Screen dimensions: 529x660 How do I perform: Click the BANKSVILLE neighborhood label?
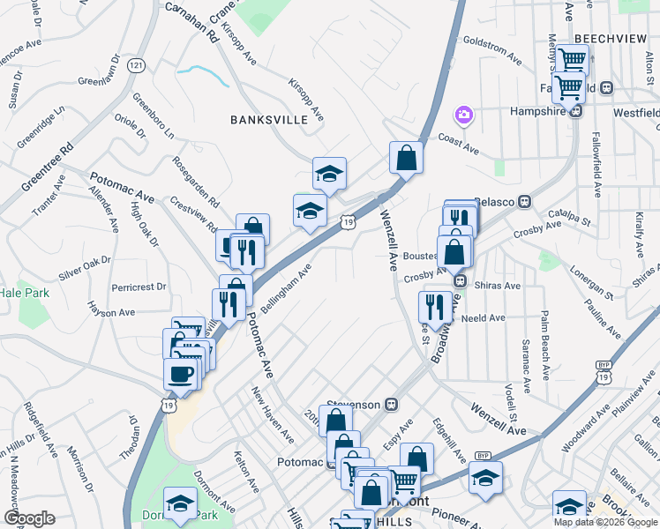pyautogui.click(x=269, y=119)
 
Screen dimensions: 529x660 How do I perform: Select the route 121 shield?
pyautogui.click(x=135, y=65)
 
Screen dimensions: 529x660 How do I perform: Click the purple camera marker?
pyautogui.click(x=462, y=115)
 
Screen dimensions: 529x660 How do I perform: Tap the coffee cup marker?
pyautogui.click(x=181, y=373)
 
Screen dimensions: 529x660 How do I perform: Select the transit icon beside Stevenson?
pyautogui.click(x=392, y=405)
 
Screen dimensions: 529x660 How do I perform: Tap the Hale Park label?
pyautogui.click(x=19, y=292)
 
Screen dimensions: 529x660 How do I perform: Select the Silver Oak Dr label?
pyautogui.click(x=85, y=267)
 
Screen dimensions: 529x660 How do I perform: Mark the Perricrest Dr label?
pyautogui.click(x=139, y=287)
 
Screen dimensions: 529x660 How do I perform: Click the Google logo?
pyautogui.click(x=31, y=518)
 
